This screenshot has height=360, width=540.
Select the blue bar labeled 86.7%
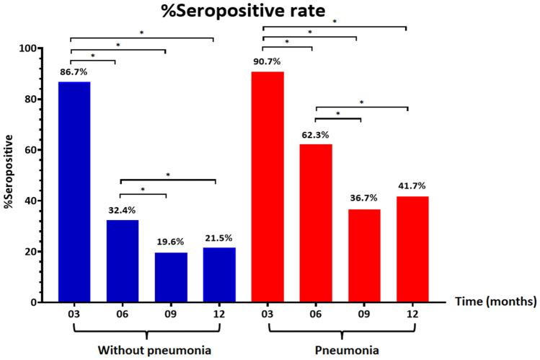[x=74, y=192]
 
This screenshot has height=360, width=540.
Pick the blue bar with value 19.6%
[x=171, y=277]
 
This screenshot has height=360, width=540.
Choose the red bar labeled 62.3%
[x=316, y=223]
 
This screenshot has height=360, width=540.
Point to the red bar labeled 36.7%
[x=364, y=255]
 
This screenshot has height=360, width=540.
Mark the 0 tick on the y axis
[x=33, y=302]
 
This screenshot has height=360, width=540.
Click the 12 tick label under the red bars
[x=412, y=316]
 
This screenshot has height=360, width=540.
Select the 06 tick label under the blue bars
[x=123, y=316]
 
